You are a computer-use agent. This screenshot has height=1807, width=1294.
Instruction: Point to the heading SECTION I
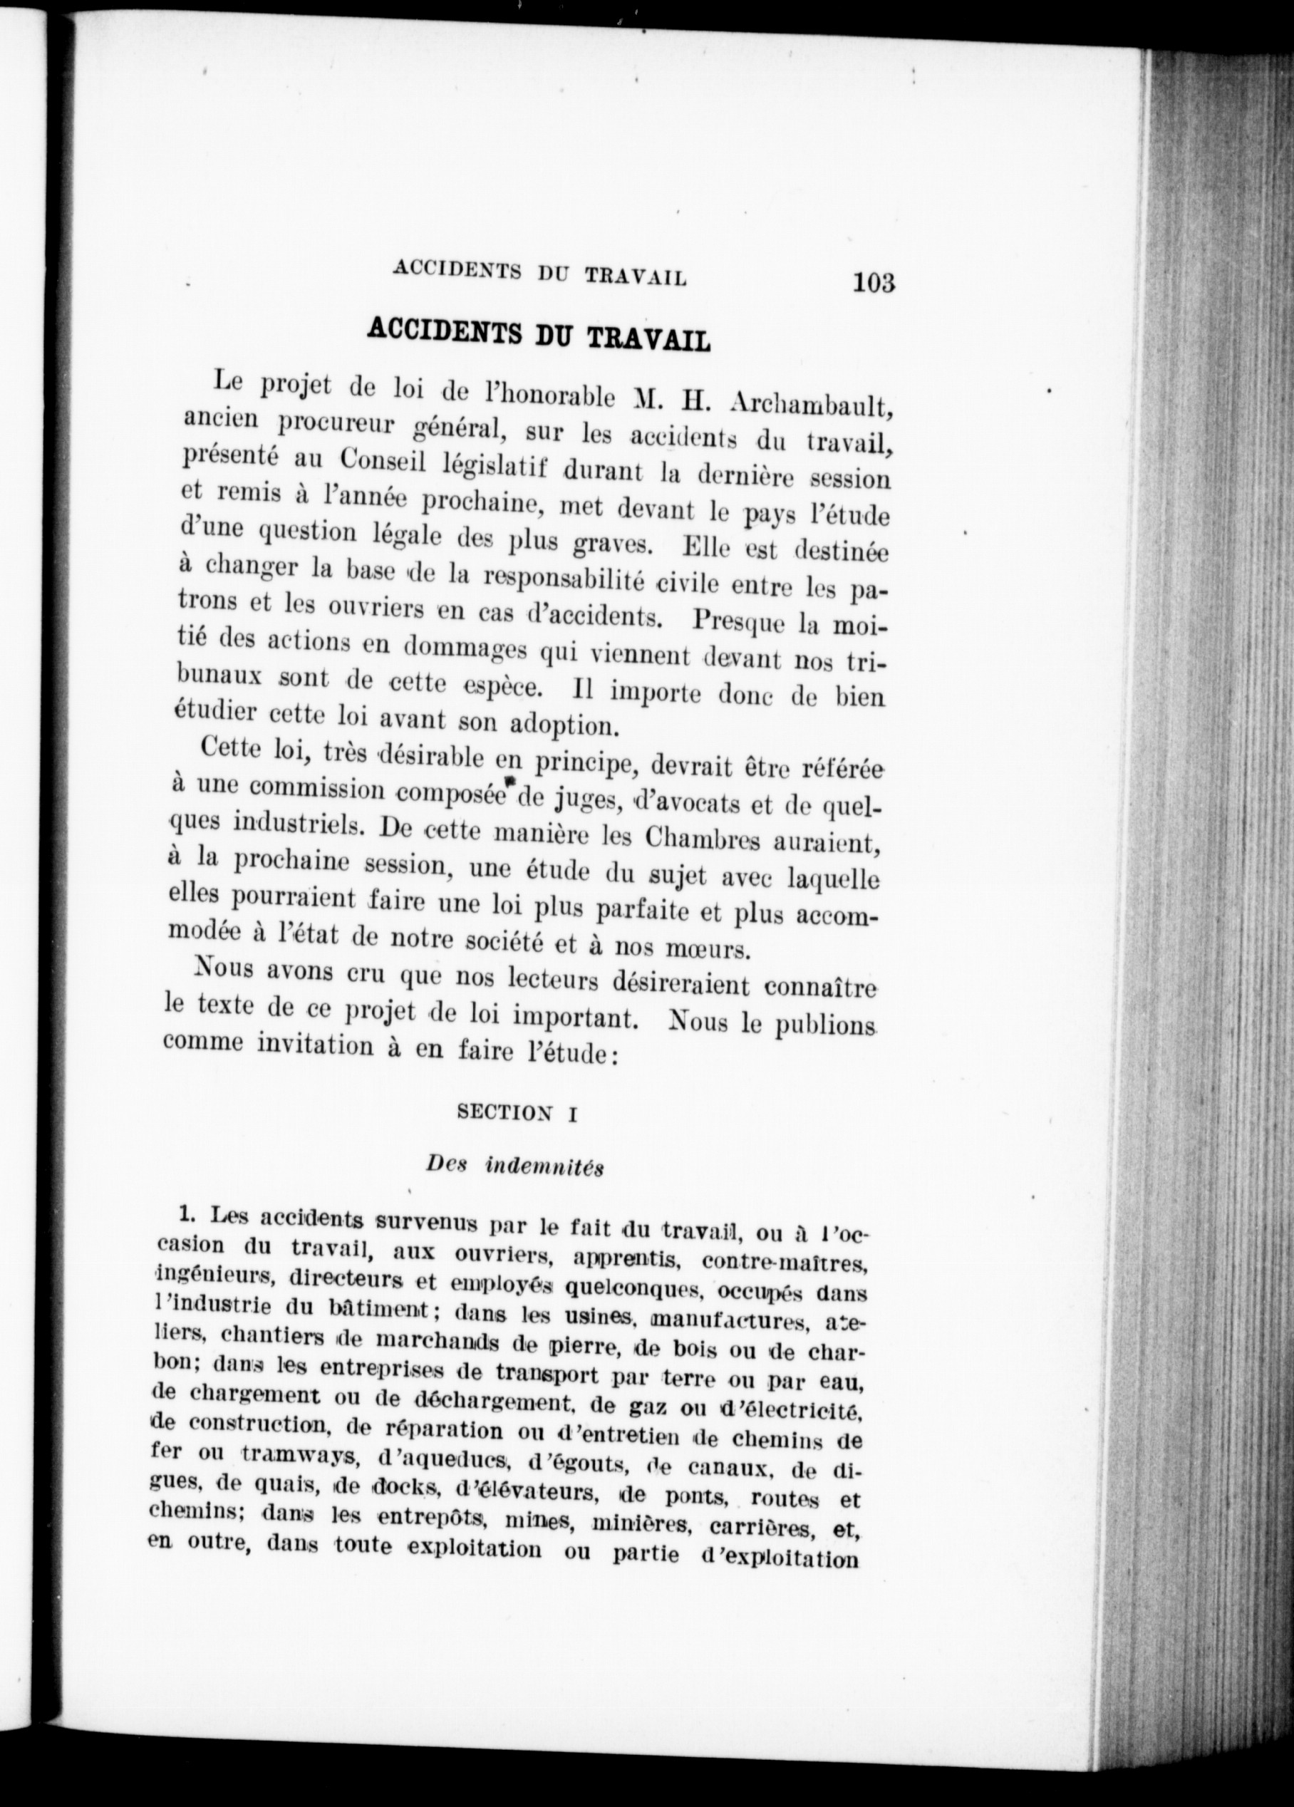pos(517,1113)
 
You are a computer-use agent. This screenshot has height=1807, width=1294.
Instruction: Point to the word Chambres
pos(709,837)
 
